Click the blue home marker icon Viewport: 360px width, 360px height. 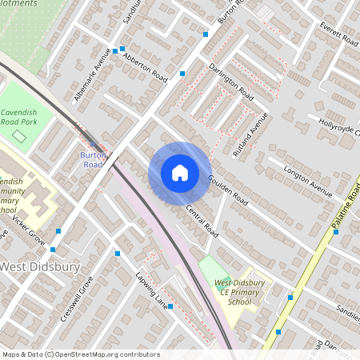(180, 173)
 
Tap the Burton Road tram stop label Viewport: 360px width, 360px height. (92, 159)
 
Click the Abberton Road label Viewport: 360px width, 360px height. (145, 70)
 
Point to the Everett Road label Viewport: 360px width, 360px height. (338, 34)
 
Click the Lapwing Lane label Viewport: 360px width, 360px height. (150, 291)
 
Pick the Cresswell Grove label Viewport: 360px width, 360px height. (77, 298)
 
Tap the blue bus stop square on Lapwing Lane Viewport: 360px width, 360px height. (170, 307)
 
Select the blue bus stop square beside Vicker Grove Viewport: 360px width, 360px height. (58, 230)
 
